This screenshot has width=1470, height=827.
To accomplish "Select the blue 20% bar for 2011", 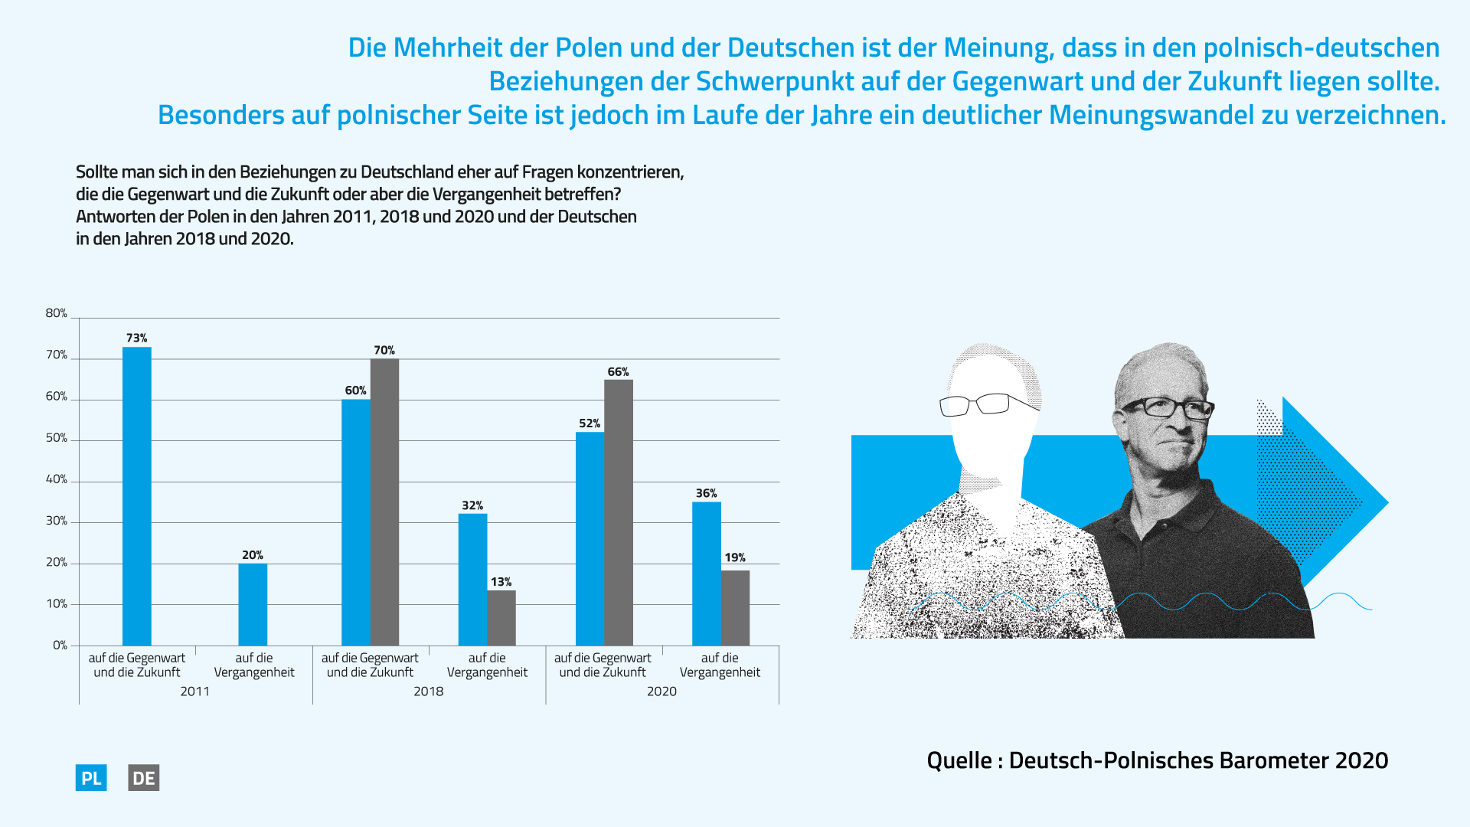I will click(253, 605).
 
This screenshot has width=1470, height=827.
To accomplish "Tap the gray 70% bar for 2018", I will click(384, 502).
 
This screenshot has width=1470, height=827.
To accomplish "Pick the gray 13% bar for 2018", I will click(501, 618).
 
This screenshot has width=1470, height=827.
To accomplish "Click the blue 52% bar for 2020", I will click(590, 539).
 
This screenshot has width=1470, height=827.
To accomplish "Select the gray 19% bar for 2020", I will click(735, 608).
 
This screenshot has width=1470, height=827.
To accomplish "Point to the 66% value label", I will click(618, 372).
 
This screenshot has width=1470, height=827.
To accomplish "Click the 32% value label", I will click(472, 505).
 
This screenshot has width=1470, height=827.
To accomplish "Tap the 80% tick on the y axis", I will click(57, 313).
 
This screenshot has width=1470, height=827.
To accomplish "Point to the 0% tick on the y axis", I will click(60, 646).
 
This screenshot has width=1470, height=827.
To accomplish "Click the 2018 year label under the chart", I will click(428, 691).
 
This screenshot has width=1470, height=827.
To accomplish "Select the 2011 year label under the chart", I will click(194, 691).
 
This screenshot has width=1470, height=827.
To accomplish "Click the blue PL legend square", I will click(91, 778).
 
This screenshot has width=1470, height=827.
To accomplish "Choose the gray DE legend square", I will click(144, 778).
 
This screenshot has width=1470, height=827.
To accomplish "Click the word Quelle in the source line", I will click(959, 760).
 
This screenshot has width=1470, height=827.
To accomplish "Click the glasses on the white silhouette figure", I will click(988, 404).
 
